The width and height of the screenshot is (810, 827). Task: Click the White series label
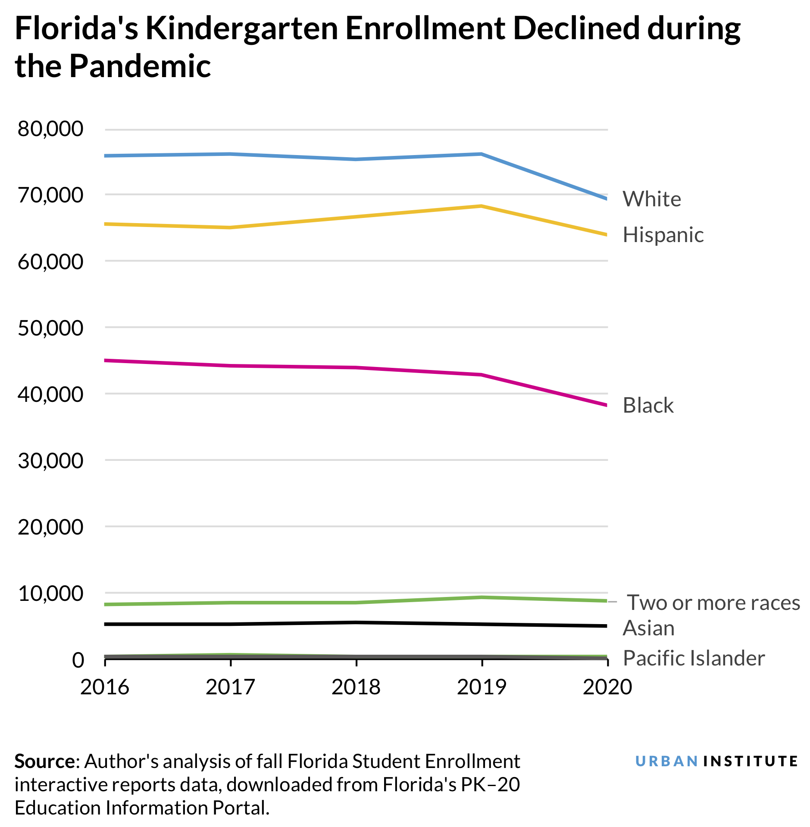(x=651, y=199)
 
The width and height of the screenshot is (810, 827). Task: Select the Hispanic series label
(x=663, y=235)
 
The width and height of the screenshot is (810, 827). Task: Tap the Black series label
(x=647, y=405)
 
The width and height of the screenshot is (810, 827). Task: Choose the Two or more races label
(x=713, y=603)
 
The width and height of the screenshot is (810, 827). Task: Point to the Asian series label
(x=648, y=628)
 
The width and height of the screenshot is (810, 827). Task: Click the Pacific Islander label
(x=693, y=658)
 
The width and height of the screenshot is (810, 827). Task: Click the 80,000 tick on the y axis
(x=50, y=129)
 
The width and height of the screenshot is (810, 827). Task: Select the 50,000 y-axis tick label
(x=50, y=328)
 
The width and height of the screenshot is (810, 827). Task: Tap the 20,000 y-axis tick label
(x=50, y=527)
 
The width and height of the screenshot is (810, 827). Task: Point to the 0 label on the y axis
(x=78, y=660)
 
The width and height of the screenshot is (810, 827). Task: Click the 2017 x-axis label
(x=230, y=687)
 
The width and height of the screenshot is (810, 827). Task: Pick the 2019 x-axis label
(x=482, y=687)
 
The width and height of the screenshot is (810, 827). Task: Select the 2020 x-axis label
(x=607, y=687)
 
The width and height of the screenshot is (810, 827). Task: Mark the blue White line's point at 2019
(x=481, y=154)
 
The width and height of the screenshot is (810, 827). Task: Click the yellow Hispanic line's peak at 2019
(x=482, y=206)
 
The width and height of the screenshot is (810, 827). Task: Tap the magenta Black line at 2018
(x=356, y=367)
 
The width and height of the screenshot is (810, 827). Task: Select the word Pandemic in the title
(x=140, y=66)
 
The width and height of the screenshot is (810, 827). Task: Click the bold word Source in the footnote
(x=45, y=762)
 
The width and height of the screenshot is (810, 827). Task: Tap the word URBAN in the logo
(x=666, y=762)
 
